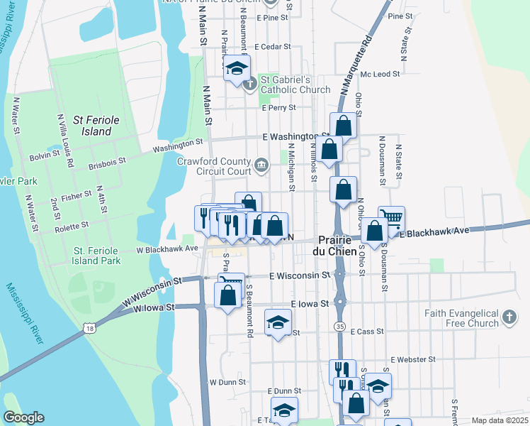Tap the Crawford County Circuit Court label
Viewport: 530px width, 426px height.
pyautogui.click(x=214, y=166)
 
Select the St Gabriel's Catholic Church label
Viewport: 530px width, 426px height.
pyautogui.click(x=295, y=84)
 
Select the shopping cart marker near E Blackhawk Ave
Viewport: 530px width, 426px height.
pyautogui.click(x=391, y=217)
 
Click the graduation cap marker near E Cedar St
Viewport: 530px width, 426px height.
pyautogui.click(x=237, y=69)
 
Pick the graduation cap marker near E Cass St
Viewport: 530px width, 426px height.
pyautogui.click(x=278, y=322)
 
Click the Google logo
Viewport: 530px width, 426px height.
pyautogui.click(x=23, y=417)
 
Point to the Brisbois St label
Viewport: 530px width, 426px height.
pyautogui.click(x=107, y=163)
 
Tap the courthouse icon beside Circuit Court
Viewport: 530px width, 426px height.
pyautogui.click(x=261, y=165)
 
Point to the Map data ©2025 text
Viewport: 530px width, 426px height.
pyautogui.click(x=499, y=420)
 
